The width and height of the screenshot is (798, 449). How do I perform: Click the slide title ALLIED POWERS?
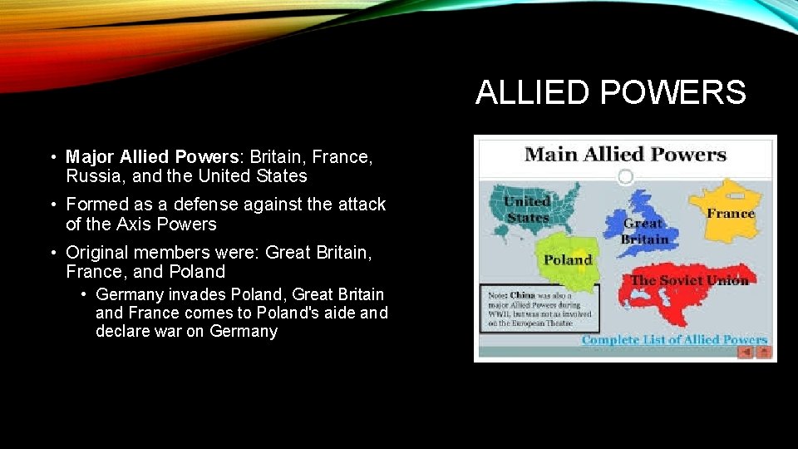[x=610, y=92]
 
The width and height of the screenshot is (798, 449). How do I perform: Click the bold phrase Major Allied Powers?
[x=153, y=156]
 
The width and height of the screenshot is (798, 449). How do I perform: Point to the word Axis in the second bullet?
[x=139, y=224]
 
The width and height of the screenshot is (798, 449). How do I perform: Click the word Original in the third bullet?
[x=94, y=252]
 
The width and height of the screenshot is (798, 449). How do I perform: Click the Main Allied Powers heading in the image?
[x=625, y=154]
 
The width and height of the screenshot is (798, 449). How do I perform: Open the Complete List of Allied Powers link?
[x=673, y=339]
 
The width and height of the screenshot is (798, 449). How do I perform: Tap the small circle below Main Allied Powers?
[x=625, y=176]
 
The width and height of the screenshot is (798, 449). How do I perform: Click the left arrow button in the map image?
[x=746, y=352]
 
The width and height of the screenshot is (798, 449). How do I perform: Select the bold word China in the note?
[x=523, y=294]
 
